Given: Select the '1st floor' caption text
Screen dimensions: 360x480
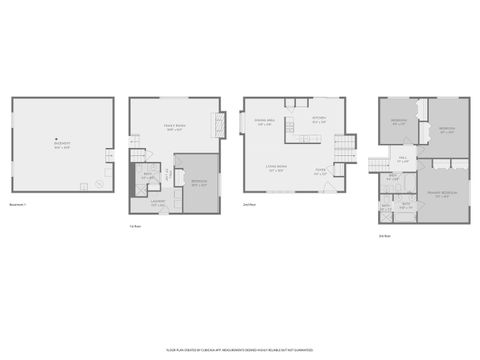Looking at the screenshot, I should pos(134,226).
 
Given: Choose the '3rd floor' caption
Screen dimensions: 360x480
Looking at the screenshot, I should pos(384,236).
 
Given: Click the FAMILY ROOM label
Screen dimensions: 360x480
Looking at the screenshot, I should pos(174,128).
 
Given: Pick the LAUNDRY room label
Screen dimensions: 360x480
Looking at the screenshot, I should pos(158,203).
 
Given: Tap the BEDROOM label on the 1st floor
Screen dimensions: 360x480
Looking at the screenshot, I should pos(199,183).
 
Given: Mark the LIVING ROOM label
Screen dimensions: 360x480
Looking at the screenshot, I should pos(277,168).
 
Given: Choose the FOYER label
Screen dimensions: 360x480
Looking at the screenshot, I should pos(321,172).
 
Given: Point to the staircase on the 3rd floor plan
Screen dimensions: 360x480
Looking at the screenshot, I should pos(379,164).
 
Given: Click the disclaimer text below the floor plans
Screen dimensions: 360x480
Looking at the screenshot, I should pos(240,350).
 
